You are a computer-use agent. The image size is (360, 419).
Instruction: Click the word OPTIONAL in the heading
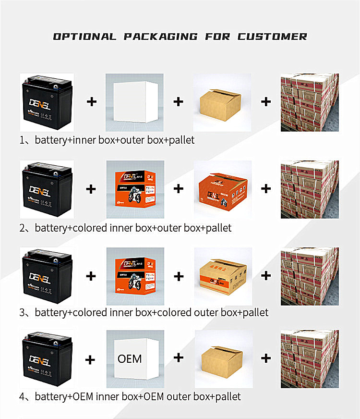(84, 37)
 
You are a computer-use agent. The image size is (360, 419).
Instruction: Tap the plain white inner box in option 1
(135, 102)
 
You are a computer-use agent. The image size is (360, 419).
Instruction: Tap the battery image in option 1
(47, 102)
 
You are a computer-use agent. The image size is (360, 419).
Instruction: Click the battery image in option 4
(47, 358)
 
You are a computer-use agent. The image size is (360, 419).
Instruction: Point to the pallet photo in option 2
(310, 189)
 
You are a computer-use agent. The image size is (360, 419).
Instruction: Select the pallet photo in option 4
(310, 358)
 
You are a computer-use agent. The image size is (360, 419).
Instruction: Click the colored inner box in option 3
(135, 277)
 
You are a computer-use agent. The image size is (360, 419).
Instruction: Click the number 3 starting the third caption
(22, 313)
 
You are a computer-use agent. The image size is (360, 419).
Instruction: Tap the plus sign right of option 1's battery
(91, 101)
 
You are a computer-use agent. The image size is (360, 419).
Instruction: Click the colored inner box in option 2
(135, 190)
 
